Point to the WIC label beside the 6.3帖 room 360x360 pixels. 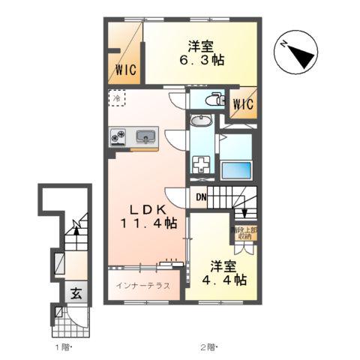coord(126,70)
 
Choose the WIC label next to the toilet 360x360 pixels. coord(244,104)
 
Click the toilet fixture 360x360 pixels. coord(214,98)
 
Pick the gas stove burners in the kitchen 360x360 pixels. coord(119,136)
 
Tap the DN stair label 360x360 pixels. coord(201,197)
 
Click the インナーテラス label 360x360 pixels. coord(142,286)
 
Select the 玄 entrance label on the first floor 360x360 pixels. coord(76,294)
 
